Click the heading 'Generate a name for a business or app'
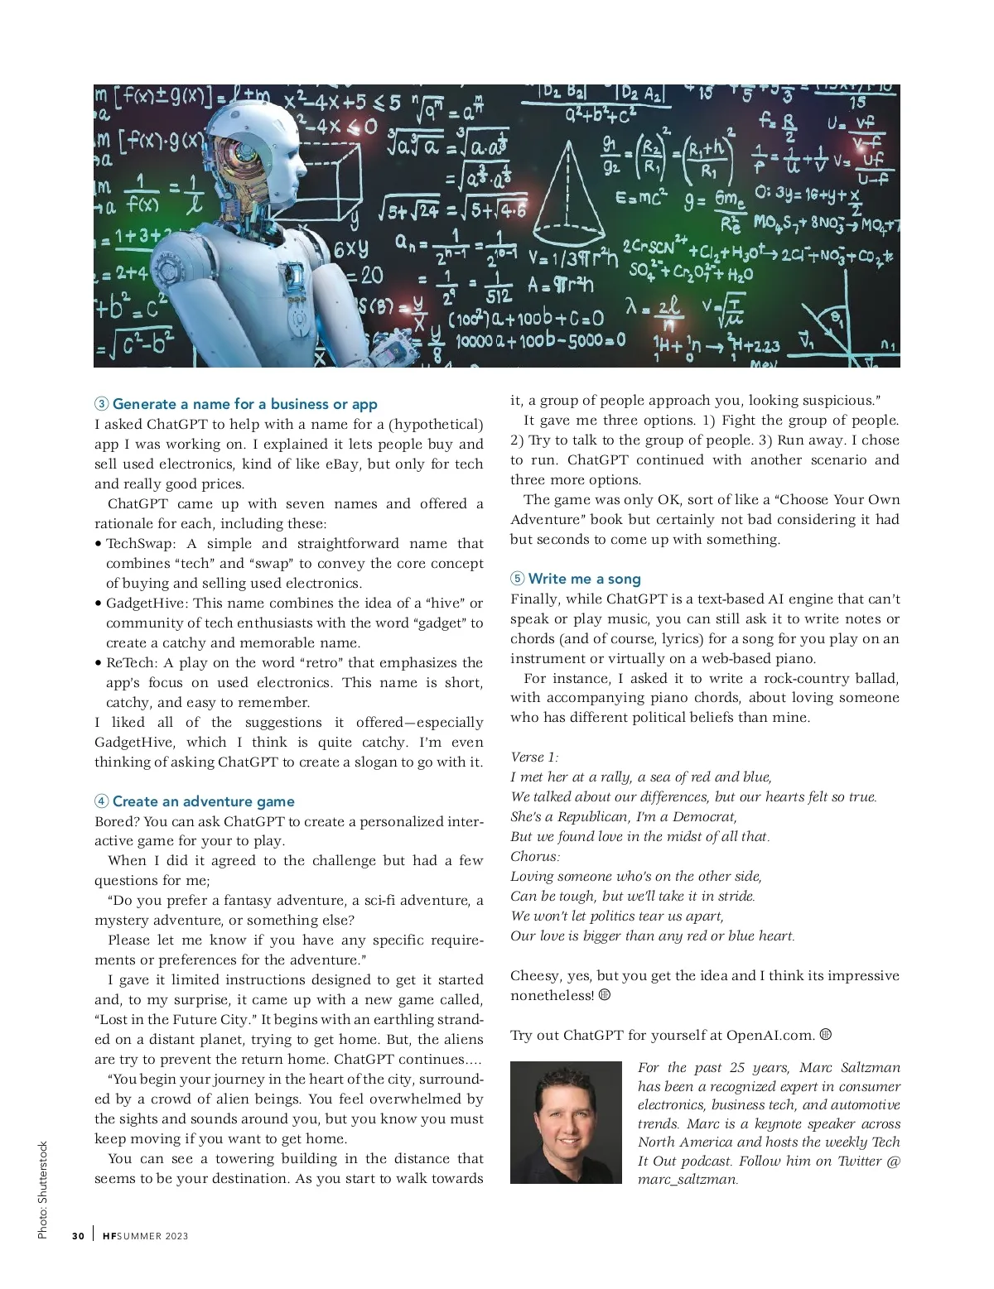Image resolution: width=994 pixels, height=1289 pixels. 244,404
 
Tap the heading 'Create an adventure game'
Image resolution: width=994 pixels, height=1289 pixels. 203,801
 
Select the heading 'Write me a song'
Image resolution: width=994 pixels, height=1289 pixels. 584,579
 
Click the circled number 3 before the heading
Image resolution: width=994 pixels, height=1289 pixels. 101,404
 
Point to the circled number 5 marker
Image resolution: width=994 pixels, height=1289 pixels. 518,579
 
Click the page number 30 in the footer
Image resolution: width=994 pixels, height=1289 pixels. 78,1236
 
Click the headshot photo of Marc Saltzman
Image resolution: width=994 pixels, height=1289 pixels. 566,1122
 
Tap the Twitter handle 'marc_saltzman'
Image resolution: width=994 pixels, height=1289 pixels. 687,1180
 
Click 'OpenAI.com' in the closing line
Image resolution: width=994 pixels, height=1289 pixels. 770,1035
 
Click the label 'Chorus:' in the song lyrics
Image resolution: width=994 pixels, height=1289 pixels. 535,856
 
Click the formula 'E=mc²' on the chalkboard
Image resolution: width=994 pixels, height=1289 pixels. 641,200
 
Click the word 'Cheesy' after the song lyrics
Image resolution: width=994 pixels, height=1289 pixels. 534,975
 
